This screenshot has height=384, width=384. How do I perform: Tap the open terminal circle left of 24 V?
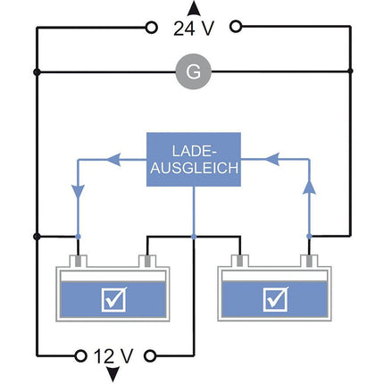pos(151,28)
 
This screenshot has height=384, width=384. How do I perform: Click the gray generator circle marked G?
pos(188,71)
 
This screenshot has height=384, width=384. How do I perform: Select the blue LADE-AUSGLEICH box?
pos(193,160)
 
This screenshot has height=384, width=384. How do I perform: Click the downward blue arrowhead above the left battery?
pos(78,192)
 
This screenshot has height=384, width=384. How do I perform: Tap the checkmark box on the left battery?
pos(114,298)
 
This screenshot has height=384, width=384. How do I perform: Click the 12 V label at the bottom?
pos(114,355)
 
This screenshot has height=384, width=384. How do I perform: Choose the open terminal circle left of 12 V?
pos(78,355)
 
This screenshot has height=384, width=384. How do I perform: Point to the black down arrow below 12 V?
pos(113,374)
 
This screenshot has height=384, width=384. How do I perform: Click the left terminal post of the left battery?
pos(79,262)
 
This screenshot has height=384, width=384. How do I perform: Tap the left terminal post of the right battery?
pos(239,262)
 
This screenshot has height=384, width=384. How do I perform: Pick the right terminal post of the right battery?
pos(309,262)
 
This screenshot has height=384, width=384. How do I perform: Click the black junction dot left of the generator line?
pos(37,71)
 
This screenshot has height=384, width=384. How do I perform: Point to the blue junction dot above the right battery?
pos(309,237)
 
